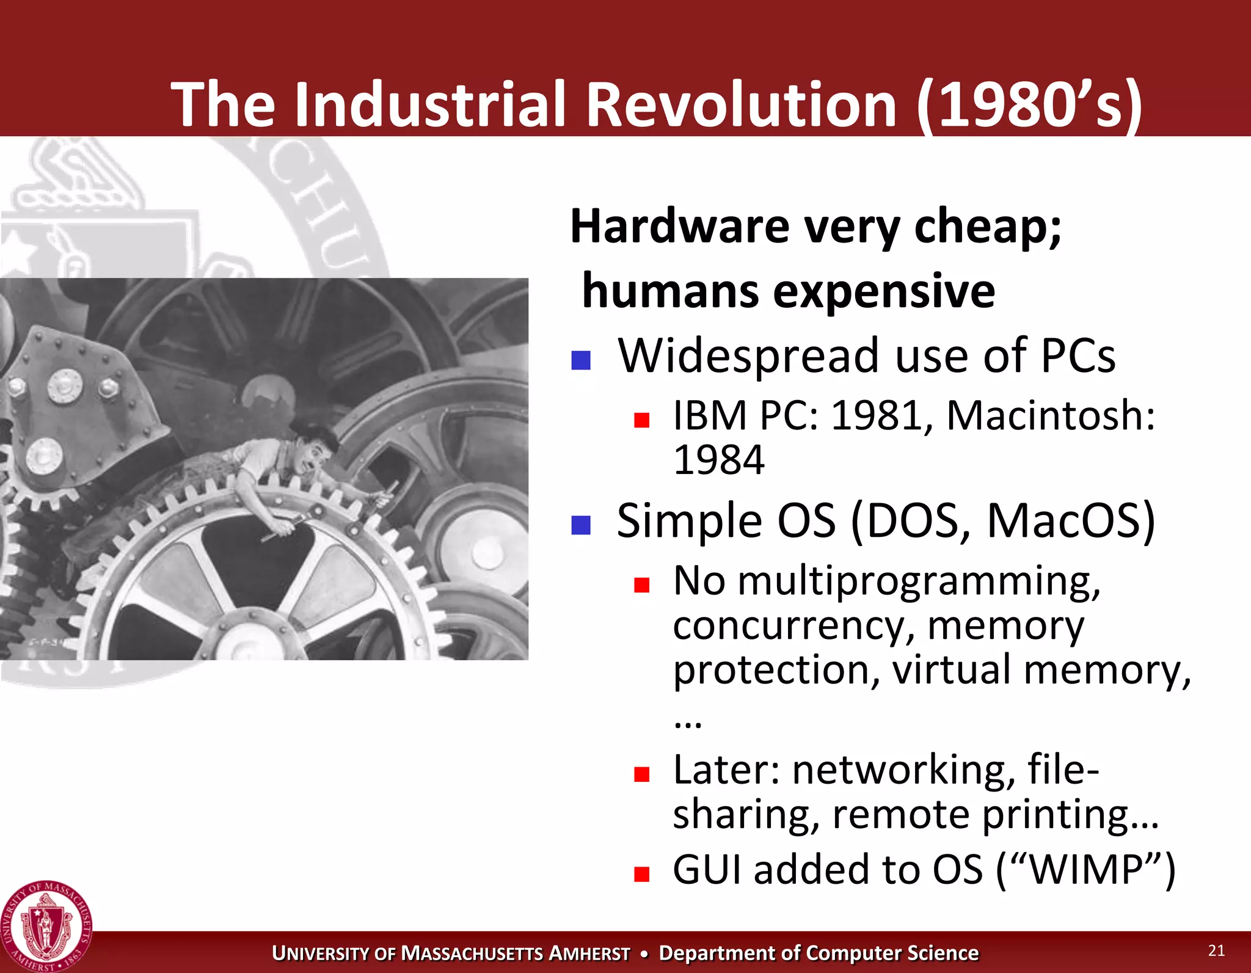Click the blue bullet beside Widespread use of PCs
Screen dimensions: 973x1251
click(x=580, y=360)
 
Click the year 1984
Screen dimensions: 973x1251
click(x=718, y=460)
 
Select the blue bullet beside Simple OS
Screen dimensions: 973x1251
click(x=580, y=525)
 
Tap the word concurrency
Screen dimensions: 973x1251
click(x=793, y=626)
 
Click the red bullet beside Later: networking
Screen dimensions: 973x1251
click(x=641, y=774)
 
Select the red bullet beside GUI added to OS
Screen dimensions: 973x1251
click(x=641, y=874)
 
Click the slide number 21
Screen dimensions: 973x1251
click(x=1216, y=950)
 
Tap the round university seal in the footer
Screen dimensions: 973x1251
click(x=46, y=926)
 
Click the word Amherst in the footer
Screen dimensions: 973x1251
click(x=589, y=953)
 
